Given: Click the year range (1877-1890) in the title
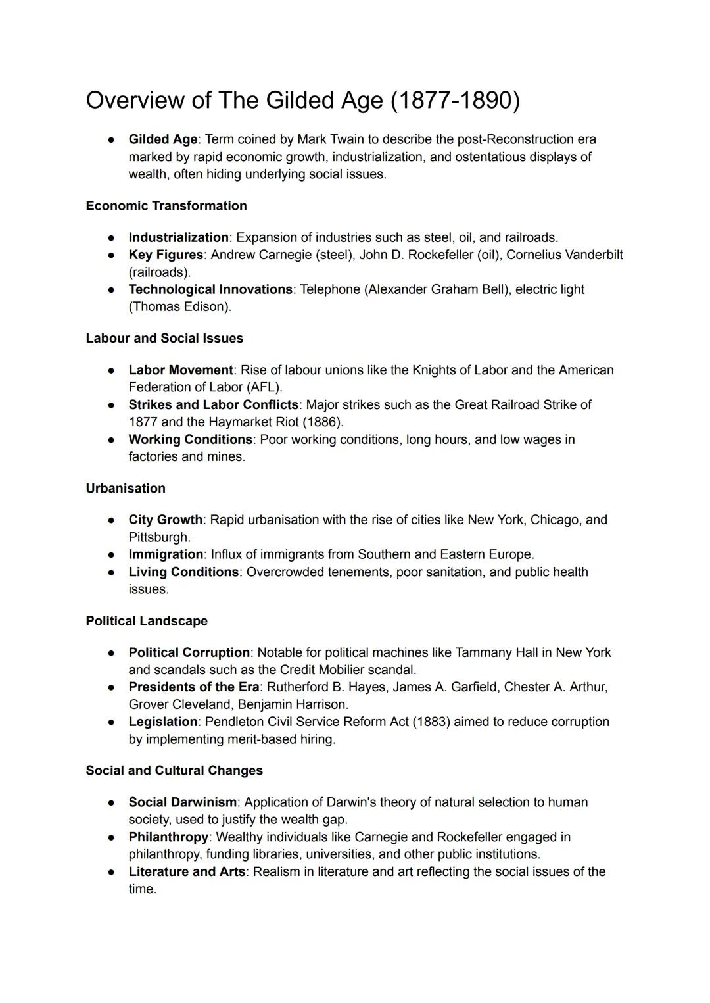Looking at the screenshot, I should click(454, 101).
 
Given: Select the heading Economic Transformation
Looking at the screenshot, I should click(166, 206).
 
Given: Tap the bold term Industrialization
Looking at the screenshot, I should click(178, 237).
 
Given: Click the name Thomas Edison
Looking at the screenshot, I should click(179, 306).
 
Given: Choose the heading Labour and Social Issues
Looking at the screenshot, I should click(164, 338).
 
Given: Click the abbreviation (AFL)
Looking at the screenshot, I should click(263, 387).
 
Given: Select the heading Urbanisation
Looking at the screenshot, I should click(126, 488).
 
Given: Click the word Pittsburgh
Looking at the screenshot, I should click(158, 537).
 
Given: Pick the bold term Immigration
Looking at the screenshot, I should click(166, 554).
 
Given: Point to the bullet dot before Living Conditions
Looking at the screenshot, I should click(112, 572).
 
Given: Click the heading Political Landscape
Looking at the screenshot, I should click(147, 621).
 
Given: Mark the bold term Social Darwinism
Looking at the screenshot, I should click(182, 802).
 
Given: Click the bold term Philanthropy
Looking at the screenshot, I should click(168, 837).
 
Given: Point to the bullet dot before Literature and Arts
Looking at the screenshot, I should click(112, 872).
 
